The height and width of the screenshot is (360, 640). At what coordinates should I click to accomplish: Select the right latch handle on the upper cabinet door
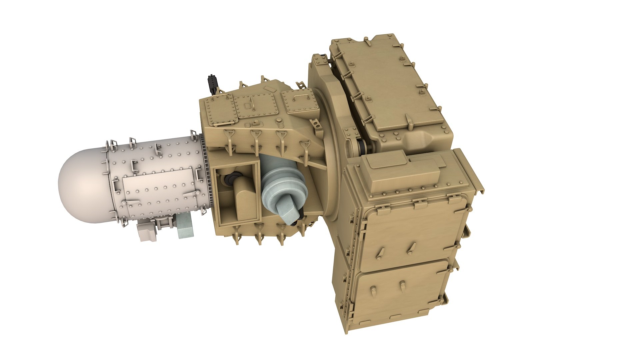[412, 248]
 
